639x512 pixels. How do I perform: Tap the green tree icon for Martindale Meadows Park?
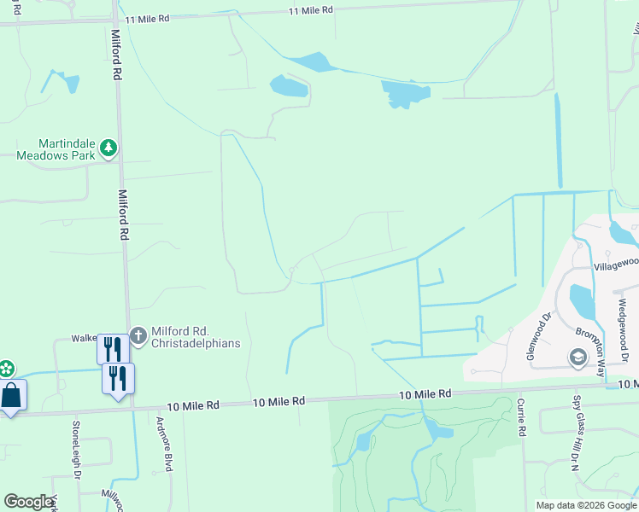108,149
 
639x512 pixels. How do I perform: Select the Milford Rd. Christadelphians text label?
196,337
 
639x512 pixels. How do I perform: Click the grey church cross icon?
138,332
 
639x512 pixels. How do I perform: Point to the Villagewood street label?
616,265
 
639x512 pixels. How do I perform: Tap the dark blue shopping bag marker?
11,398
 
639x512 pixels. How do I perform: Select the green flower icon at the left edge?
5,369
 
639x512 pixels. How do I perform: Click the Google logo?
28,502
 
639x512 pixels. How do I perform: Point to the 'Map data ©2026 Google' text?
585,505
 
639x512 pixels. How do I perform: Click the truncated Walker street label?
83,338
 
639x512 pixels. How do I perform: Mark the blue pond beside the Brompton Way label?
581,300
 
